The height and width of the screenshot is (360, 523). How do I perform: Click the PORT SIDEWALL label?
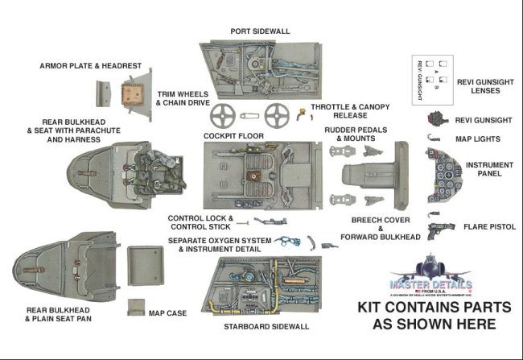coord(260,31)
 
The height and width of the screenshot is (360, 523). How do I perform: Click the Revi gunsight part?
coord(438,120)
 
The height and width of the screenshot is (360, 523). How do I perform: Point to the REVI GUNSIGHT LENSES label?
coord(484,86)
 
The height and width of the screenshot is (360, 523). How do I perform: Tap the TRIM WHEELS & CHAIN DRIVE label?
coord(184,98)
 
